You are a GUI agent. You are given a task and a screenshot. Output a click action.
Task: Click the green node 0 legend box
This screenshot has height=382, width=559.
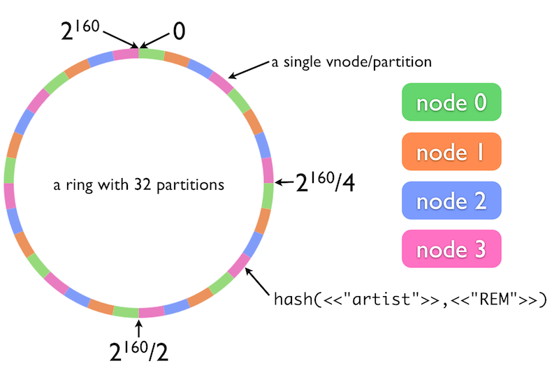point(451,103)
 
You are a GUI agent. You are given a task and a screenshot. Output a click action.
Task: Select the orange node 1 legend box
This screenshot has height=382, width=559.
point(451,152)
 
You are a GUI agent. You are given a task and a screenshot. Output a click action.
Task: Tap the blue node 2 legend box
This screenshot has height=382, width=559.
point(451,201)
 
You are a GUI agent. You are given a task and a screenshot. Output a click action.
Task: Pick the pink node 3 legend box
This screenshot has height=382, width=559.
point(451,249)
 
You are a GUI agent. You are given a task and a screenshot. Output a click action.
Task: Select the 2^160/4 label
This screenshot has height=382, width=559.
point(325,183)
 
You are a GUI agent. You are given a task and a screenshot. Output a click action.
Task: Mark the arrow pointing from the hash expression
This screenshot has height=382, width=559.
point(259,283)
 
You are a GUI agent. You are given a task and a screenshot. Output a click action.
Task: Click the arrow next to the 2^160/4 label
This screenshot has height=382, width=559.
point(284,183)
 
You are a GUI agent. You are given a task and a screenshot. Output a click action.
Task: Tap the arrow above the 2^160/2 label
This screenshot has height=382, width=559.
point(138,325)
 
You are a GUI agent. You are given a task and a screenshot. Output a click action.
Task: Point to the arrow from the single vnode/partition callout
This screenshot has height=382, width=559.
point(248,69)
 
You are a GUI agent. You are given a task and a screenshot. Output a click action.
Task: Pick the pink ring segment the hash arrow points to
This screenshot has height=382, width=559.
point(240,265)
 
